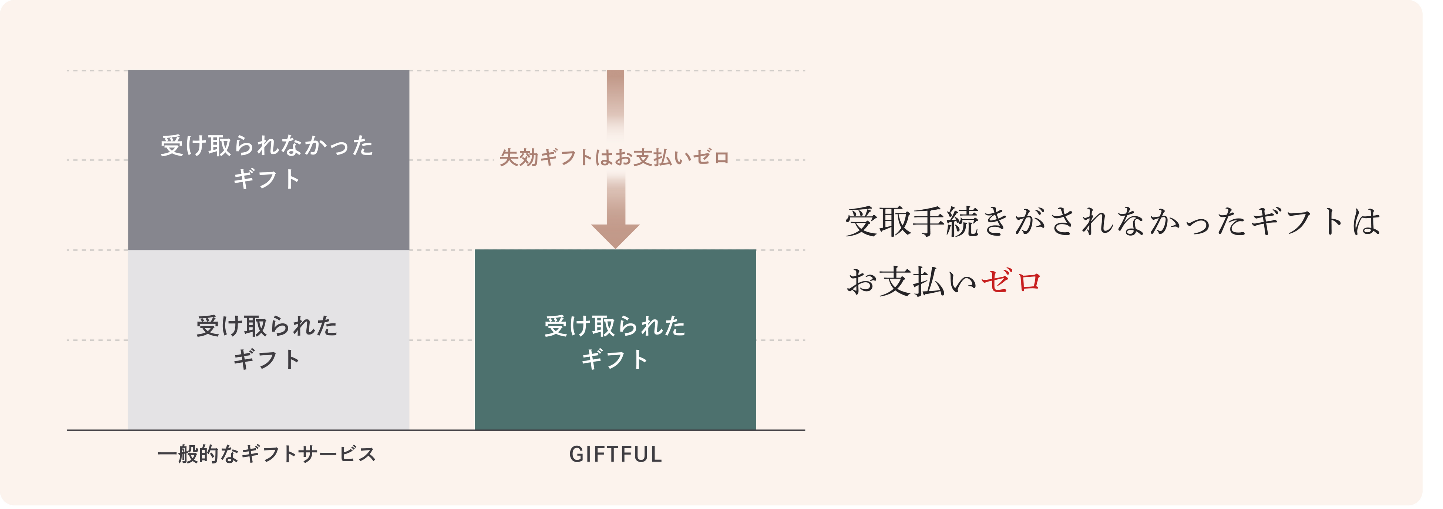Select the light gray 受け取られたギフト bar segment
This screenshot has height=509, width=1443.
268,392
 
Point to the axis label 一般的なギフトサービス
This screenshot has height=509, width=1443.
267,454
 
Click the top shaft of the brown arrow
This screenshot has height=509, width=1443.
615,93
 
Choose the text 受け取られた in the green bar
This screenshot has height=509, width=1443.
615,326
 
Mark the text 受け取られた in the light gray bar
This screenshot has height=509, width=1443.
267,326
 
